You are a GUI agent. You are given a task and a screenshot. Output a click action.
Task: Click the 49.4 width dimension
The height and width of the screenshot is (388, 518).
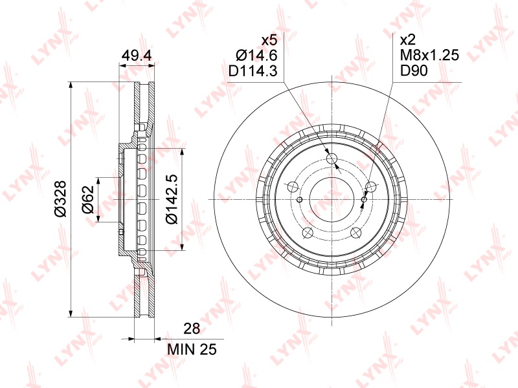point(137,56)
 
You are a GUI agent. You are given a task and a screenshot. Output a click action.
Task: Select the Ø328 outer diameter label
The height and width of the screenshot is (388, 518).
point(61,199)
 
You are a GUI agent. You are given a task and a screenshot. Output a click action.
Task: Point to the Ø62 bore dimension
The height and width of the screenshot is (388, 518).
point(88,199)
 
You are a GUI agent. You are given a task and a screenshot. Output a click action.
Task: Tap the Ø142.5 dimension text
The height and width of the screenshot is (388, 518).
point(172,199)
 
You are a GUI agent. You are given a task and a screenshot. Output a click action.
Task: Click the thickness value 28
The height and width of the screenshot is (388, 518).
point(192,329)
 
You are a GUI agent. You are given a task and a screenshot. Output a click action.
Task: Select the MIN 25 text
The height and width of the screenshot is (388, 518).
point(192,349)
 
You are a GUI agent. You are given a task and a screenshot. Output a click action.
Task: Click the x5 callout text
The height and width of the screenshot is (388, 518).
point(269,40)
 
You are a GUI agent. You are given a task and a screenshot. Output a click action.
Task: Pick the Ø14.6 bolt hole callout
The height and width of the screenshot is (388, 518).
point(256,55)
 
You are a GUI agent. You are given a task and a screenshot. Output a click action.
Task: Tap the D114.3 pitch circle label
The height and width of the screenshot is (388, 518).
point(253,70)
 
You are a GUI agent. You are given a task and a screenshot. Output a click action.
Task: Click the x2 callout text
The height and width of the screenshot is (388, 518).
point(408,40)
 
